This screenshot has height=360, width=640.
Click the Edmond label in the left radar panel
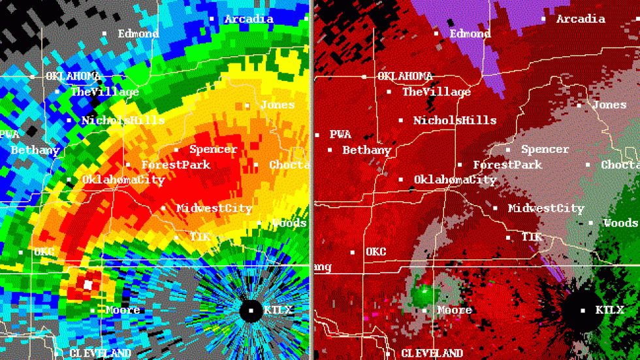pos(138,33)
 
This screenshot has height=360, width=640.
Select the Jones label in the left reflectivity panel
pos(277,105)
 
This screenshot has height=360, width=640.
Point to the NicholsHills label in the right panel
pos(455,120)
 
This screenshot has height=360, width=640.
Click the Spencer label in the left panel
pos(214,150)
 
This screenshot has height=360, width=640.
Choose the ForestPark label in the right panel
pos(507,165)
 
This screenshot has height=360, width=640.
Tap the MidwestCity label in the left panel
pos(214,208)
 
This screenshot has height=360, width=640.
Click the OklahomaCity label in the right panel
pos(455,179)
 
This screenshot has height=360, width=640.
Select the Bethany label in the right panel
pos(366,150)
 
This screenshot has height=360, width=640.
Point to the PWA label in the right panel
pos(340,135)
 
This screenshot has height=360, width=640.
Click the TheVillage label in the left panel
pos(104,92)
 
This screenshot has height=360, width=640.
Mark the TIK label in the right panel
pos(532,237)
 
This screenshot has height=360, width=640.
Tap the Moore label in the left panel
pos(123,310)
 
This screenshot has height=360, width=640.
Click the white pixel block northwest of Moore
pos(88,285)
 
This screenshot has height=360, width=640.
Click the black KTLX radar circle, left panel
pos(251,310)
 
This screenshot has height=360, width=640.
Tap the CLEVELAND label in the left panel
pos(100,353)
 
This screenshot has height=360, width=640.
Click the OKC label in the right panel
pos(376,252)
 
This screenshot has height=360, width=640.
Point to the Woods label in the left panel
pos(289,223)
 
